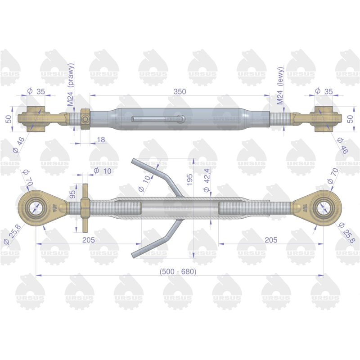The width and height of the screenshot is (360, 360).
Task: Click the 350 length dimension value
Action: tap(180, 92)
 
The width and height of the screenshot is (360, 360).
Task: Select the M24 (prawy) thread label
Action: tap(71, 84)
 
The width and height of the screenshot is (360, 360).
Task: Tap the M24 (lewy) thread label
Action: tap(280, 85)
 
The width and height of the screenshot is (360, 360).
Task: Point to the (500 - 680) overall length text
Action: tap(178, 272)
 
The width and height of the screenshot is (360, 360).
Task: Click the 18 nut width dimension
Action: tap(101, 139)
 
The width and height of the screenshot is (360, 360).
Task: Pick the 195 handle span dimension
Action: tap(189, 180)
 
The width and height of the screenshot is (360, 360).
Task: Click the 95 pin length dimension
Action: tap(72, 194)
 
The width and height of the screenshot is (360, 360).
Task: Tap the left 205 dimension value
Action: tap(89, 240)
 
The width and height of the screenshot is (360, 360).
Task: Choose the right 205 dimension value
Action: tap(271, 240)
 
